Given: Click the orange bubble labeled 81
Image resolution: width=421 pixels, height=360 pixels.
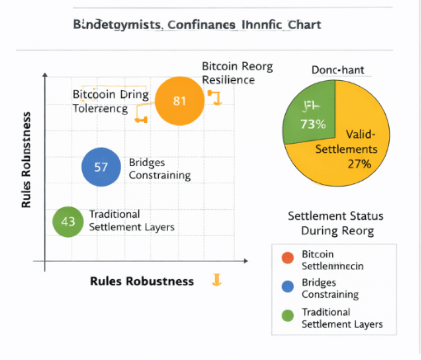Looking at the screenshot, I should pos(179,101).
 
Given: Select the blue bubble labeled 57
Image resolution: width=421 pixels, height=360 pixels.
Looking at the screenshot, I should pos(101,167).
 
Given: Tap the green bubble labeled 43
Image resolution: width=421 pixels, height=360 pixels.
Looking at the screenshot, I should pos(68,222).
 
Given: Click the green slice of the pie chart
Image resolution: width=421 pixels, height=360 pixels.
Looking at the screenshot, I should pos(308,113).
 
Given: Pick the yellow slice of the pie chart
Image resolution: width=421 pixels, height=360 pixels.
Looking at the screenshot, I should pos(351,156).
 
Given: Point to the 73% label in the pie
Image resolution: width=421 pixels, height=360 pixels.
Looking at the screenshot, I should pos(313,124).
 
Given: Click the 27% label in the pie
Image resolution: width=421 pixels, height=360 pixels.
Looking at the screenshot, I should pos(359,164).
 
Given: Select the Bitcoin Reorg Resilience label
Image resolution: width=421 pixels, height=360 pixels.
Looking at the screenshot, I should pos(237,73).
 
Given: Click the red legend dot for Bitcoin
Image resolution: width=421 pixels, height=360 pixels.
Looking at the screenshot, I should pos(287,258).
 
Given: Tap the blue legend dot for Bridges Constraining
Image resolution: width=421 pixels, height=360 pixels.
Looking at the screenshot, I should pos(287,287).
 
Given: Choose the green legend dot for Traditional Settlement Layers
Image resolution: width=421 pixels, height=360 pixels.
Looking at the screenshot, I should pos(287,316).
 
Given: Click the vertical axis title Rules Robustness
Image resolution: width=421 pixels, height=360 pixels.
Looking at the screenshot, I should pos(26,160).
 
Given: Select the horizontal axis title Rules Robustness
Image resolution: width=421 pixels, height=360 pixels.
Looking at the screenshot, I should pos(142,281).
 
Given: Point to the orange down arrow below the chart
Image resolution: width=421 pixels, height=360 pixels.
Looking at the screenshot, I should pos(217,280).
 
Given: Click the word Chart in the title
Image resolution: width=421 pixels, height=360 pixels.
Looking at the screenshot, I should pos(304,25).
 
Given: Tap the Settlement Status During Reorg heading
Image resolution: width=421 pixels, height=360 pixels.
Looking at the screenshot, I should pos(336,223).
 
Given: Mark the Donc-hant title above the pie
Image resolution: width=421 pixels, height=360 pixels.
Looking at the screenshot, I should pos(338,70).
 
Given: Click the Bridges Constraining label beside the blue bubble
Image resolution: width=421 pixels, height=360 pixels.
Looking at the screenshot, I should pos(160,169).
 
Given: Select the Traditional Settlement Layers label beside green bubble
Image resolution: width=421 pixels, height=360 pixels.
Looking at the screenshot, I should pos(131,221).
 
